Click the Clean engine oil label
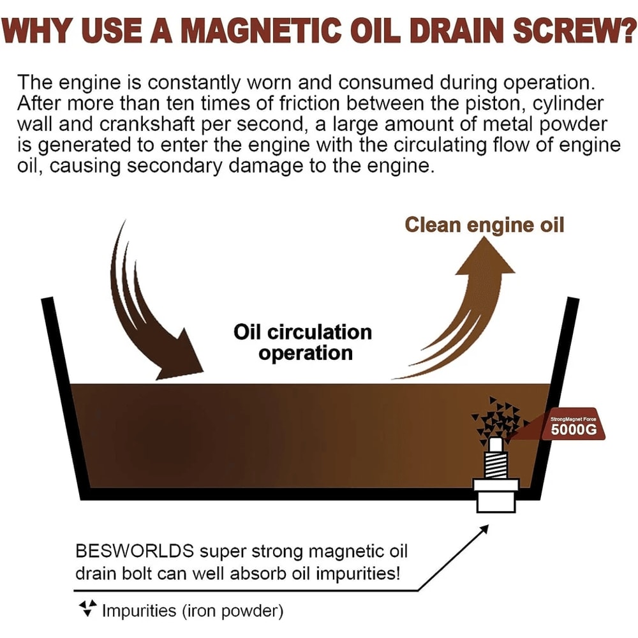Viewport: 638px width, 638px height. (x=485, y=225)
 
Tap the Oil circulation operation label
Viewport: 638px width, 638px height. (x=303, y=343)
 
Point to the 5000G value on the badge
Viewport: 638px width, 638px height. (x=574, y=429)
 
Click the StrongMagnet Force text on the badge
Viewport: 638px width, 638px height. (x=573, y=419)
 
